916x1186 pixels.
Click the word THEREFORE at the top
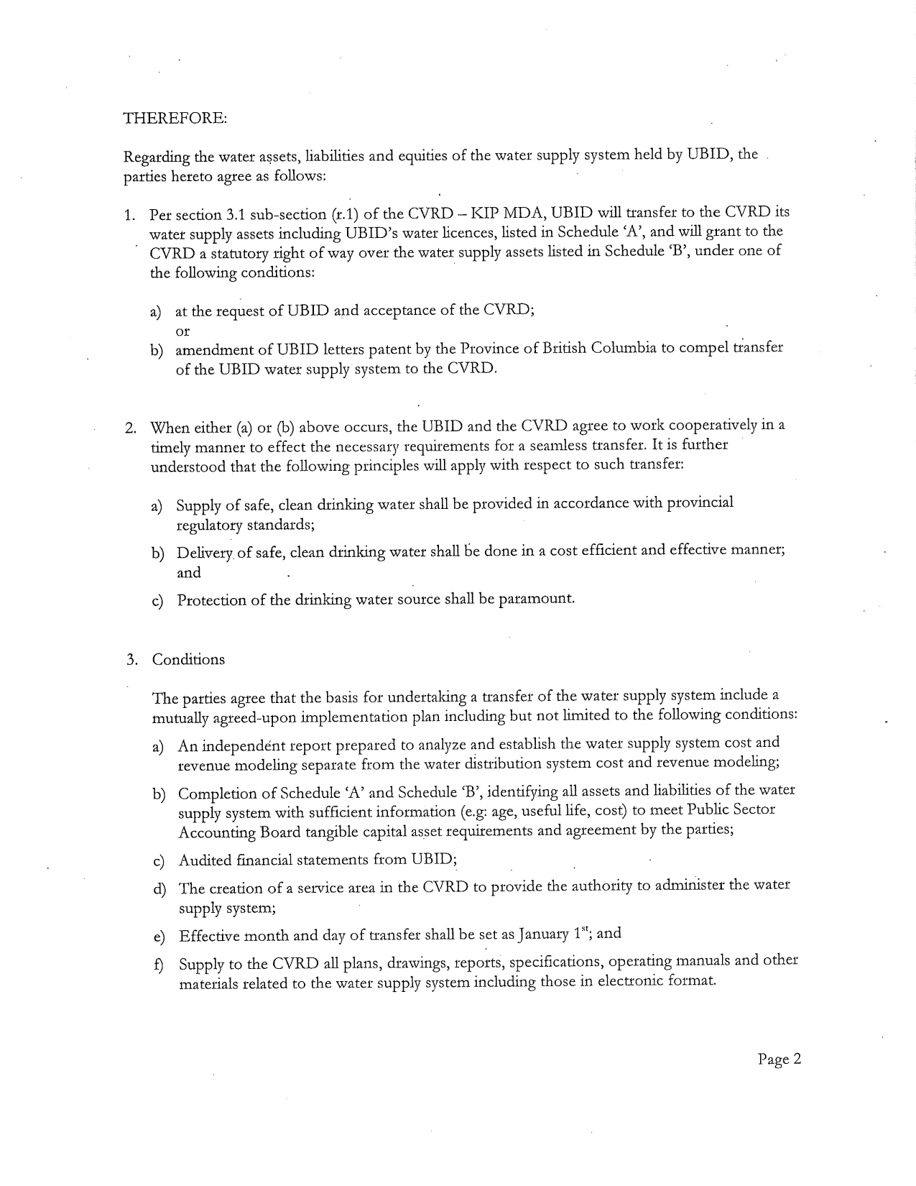pos(175,118)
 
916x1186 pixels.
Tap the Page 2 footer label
pos(779,1059)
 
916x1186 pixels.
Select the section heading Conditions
pos(188,660)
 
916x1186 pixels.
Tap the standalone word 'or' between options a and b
pos(183,331)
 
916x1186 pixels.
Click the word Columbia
pos(620,349)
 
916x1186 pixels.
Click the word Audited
pos(205,860)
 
